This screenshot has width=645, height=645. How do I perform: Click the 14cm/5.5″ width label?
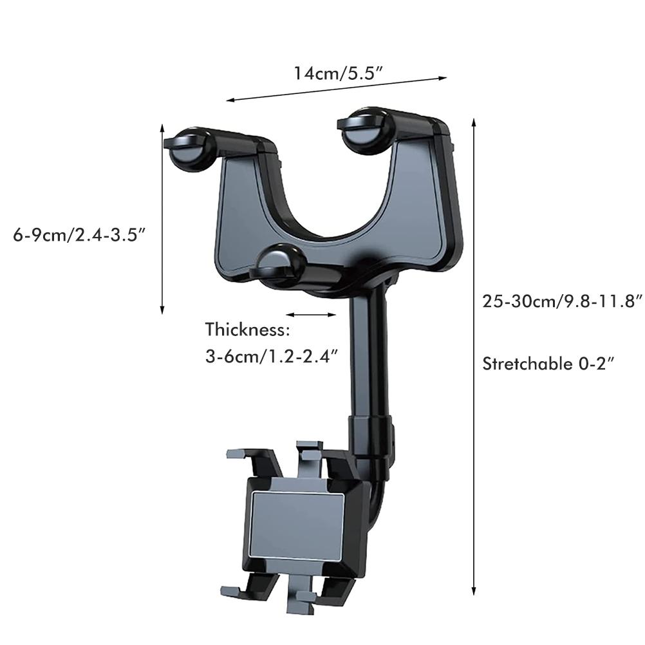tap(338, 73)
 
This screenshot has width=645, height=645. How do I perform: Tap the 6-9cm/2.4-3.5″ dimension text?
tap(80, 236)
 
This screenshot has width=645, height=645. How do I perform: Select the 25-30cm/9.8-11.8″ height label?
tap(562, 301)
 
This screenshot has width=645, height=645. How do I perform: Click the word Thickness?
tap(248, 330)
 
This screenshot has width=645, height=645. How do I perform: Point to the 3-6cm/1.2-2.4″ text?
tap(272, 356)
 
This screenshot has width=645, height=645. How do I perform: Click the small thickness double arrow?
tap(311, 315)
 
